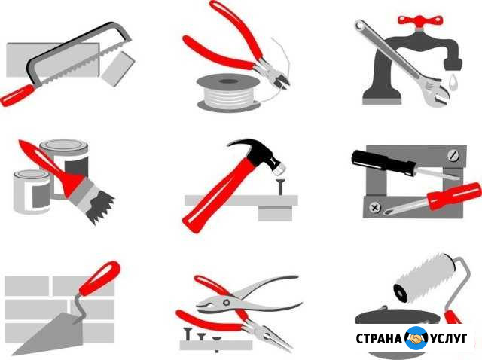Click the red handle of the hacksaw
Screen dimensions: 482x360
[17, 96]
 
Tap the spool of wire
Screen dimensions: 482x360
[228, 92]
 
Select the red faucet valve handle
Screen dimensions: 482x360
[420, 21]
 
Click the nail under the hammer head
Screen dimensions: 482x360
[280, 187]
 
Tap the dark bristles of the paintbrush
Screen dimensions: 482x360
[99, 204]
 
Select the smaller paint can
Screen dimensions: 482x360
[32, 192]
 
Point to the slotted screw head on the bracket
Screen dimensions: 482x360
[453, 155]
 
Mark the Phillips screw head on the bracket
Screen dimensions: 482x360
[375, 208]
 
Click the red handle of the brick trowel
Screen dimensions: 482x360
[99, 279]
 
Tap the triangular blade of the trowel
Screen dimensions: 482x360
[52, 334]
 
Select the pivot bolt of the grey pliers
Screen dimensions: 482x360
[227, 302]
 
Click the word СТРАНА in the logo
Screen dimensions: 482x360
[379, 339]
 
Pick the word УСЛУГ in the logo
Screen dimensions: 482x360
[449, 338]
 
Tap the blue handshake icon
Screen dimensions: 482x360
[416, 338]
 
